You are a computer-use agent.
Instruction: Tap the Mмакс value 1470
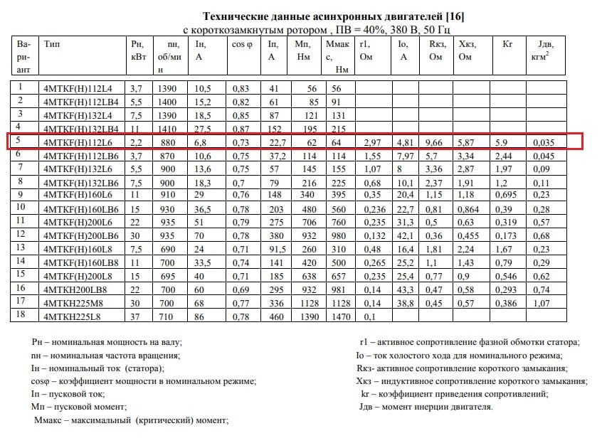point(341,315)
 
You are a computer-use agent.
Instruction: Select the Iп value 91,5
point(273,249)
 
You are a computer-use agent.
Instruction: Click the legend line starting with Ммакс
point(131,421)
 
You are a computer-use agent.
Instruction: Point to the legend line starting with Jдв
point(426,407)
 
